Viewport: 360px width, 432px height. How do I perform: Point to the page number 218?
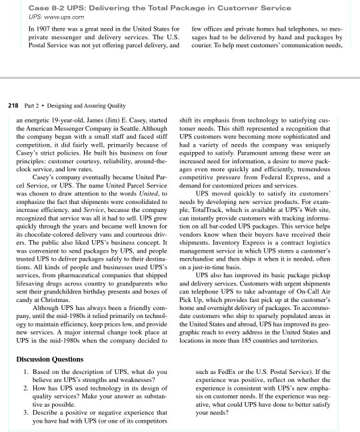[x=12, y=105]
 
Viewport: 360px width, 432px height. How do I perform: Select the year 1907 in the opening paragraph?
[x=45, y=31]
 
